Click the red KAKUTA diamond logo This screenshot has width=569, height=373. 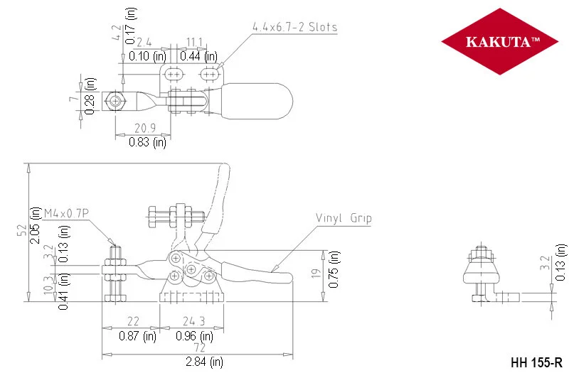point(500,41)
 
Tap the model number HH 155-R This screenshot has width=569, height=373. point(536,362)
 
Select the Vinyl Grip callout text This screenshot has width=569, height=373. point(344,218)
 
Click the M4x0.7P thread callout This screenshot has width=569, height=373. point(66,213)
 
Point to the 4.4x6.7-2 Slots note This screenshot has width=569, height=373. point(294,27)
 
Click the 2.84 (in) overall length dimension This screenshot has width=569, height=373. point(204,362)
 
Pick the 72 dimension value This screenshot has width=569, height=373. point(199,347)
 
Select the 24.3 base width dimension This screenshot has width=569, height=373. point(193,321)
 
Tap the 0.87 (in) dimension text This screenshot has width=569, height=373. point(137,335)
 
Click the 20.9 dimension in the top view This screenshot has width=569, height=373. point(145,128)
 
